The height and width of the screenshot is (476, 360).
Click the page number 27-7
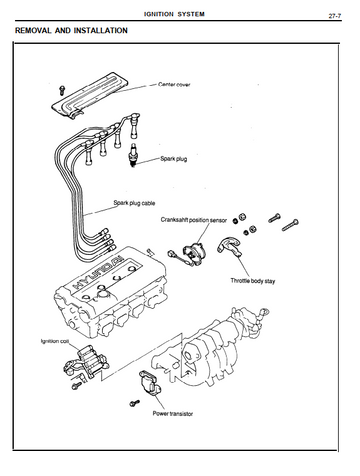click(x=335, y=16)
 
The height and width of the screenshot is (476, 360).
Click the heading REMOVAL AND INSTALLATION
click(x=71, y=31)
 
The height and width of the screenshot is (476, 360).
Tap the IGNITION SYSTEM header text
click(x=174, y=14)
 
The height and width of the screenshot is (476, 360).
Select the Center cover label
click(x=174, y=85)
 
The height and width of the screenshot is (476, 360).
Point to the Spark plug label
click(x=174, y=159)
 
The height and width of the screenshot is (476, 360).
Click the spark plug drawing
click(x=133, y=155)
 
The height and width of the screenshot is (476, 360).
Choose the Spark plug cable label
click(x=134, y=203)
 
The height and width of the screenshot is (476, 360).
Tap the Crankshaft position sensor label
click(x=194, y=220)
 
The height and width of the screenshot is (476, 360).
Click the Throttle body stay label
click(x=253, y=281)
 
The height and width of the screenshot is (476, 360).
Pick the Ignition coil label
click(x=55, y=341)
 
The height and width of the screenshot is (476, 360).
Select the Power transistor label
click(x=173, y=414)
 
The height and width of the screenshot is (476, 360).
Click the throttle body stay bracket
click(x=229, y=246)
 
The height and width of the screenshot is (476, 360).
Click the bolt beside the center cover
click(x=62, y=89)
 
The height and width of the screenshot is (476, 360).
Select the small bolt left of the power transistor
click(x=134, y=403)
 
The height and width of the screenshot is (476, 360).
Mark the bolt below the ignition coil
click(x=76, y=386)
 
